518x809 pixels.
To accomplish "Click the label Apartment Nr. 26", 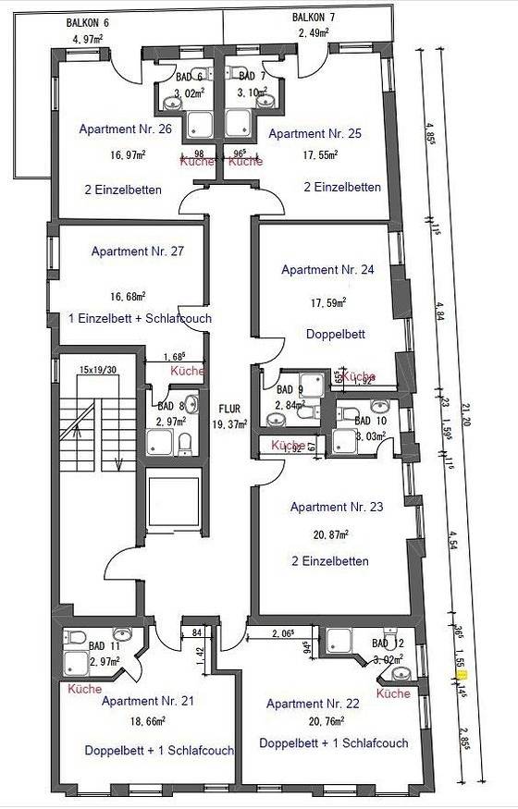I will pyautogui.click(x=125, y=129).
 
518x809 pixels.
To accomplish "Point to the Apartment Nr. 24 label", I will pyautogui.click(x=327, y=270).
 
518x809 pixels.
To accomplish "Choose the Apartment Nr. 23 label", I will pyautogui.click(x=336, y=507).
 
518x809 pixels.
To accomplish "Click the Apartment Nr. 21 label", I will pyautogui.click(x=148, y=701).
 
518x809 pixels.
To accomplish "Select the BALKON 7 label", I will pyautogui.click(x=314, y=18).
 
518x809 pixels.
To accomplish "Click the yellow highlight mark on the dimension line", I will pyautogui.click(x=463, y=677).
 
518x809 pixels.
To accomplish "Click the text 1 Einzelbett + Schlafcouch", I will pyautogui.click(x=140, y=318).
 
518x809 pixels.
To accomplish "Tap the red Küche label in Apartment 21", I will pyautogui.click(x=85, y=689).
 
